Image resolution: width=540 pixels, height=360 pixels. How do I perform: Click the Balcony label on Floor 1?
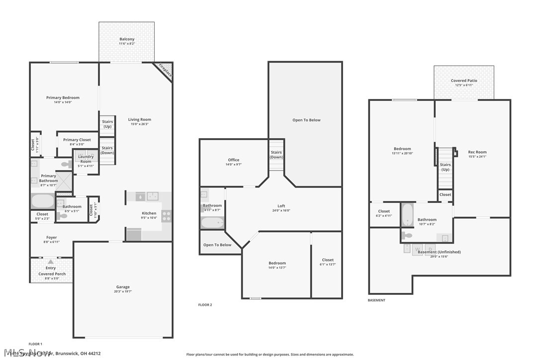(x=126, y=39)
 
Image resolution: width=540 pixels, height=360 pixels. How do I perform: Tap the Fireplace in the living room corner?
(x=165, y=70)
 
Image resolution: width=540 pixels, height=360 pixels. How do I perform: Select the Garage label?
(x=123, y=287)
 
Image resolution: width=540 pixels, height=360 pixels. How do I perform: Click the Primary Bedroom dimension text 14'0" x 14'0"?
(x=63, y=102)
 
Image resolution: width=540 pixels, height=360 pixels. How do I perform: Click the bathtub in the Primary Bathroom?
(x=43, y=201)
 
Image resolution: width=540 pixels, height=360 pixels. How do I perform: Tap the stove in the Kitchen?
(x=167, y=216)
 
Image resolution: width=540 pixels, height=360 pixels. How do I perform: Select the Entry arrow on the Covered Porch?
(x=51, y=262)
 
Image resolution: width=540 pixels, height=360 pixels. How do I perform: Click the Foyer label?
(x=51, y=238)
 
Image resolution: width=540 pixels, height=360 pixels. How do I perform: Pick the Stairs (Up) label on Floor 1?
(x=107, y=124)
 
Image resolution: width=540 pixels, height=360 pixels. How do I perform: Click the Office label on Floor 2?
(x=234, y=160)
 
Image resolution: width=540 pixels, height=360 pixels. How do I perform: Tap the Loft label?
(x=281, y=206)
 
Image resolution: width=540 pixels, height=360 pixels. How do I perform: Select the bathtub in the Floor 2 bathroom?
(x=212, y=222)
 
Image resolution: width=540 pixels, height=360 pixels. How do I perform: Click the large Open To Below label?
(x=306, y=120)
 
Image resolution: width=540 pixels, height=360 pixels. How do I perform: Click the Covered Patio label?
(x=463, y=81)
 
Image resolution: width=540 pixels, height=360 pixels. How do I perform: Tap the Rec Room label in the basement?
(x=477, y=152)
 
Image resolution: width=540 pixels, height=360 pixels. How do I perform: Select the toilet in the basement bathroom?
(x=407, y=235)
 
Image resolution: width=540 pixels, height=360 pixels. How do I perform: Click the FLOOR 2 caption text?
(x=205, y=305)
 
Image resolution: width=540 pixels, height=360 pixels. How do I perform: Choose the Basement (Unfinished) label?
(x=439, y=252)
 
